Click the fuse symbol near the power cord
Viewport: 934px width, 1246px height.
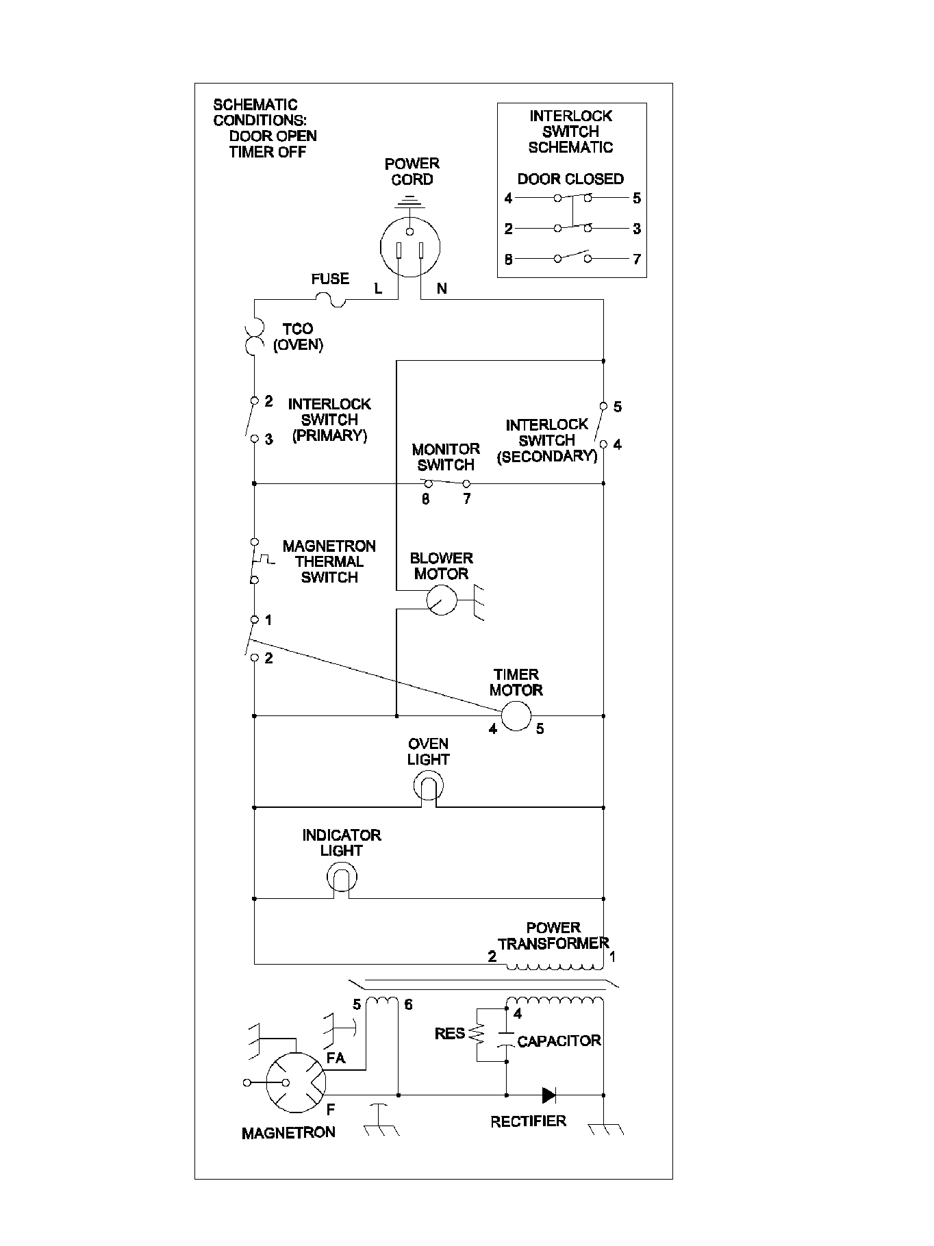click(x=331, y=299)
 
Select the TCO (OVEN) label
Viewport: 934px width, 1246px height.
click(x=298, y=337)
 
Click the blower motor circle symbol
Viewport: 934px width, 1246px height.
click(x=442, y=600)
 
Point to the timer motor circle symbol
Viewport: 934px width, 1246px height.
click(x=516, y=716)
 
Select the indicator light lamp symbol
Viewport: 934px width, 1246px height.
click(x=341, y=877)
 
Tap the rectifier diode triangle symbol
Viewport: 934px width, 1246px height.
click(x=548, y=1095)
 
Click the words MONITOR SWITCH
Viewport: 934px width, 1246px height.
click(x=446, y=457)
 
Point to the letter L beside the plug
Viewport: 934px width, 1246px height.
click(x=378, y=289)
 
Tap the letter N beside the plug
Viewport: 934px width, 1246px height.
click(x=442, y=289)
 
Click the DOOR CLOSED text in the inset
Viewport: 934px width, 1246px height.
click(x=570, y=179)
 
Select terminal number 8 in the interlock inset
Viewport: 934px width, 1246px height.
click(x=508, y=259)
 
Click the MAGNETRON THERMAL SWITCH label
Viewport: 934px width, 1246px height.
click(x=329, y=561)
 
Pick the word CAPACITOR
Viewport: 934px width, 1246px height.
click(x=559, y=1041)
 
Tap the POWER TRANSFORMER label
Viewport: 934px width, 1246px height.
click(x=553, y=936)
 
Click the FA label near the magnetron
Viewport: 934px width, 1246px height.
click(x=336, y=1058)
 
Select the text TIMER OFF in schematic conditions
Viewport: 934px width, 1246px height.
click(x=267, y=152)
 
